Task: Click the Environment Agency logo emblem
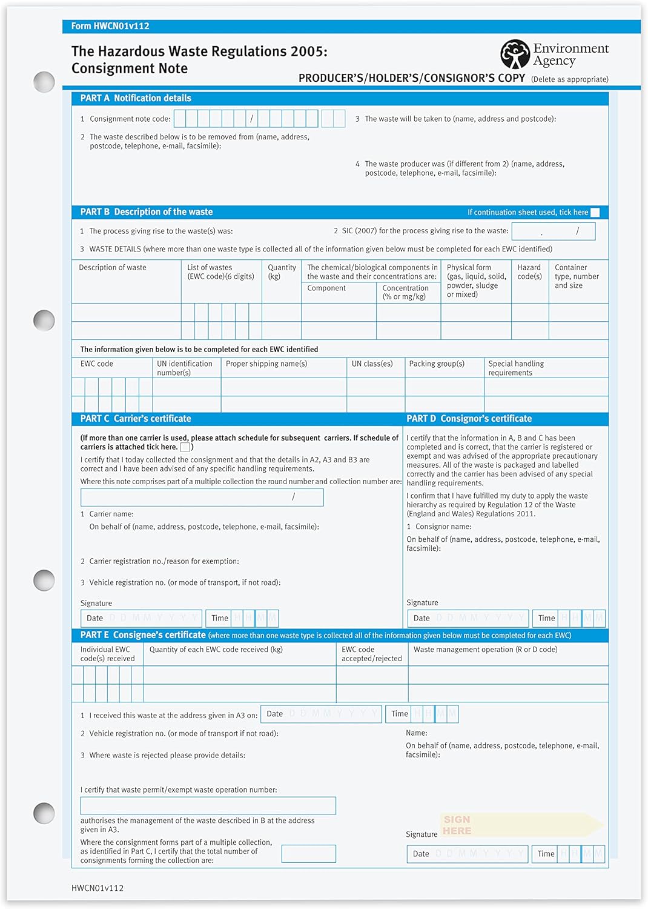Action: coord(515,54)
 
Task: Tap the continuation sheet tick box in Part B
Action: coord(595,212)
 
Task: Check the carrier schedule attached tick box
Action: coord(185,447)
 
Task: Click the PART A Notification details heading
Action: coord(136,98)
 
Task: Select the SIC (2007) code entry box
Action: coord(553,231)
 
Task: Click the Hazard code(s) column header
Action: coord(529,271)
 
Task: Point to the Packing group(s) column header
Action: coord(437,364)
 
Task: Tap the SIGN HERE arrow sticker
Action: coord(521,825)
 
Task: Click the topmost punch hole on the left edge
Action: coord(44,82)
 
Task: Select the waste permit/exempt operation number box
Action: coord(208,805)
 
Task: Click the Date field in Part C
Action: coord(141,618)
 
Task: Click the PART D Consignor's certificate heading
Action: coord(469,419)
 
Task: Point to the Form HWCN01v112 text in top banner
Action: coord(110,26)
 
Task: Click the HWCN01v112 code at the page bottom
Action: coord(98,888)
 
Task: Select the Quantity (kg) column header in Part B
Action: coord(282,271)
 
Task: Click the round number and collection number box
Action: coord(202,497)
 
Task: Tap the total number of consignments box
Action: coord(309,853)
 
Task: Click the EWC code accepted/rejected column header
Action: coord(371,654)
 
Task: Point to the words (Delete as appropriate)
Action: coord(569,79)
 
